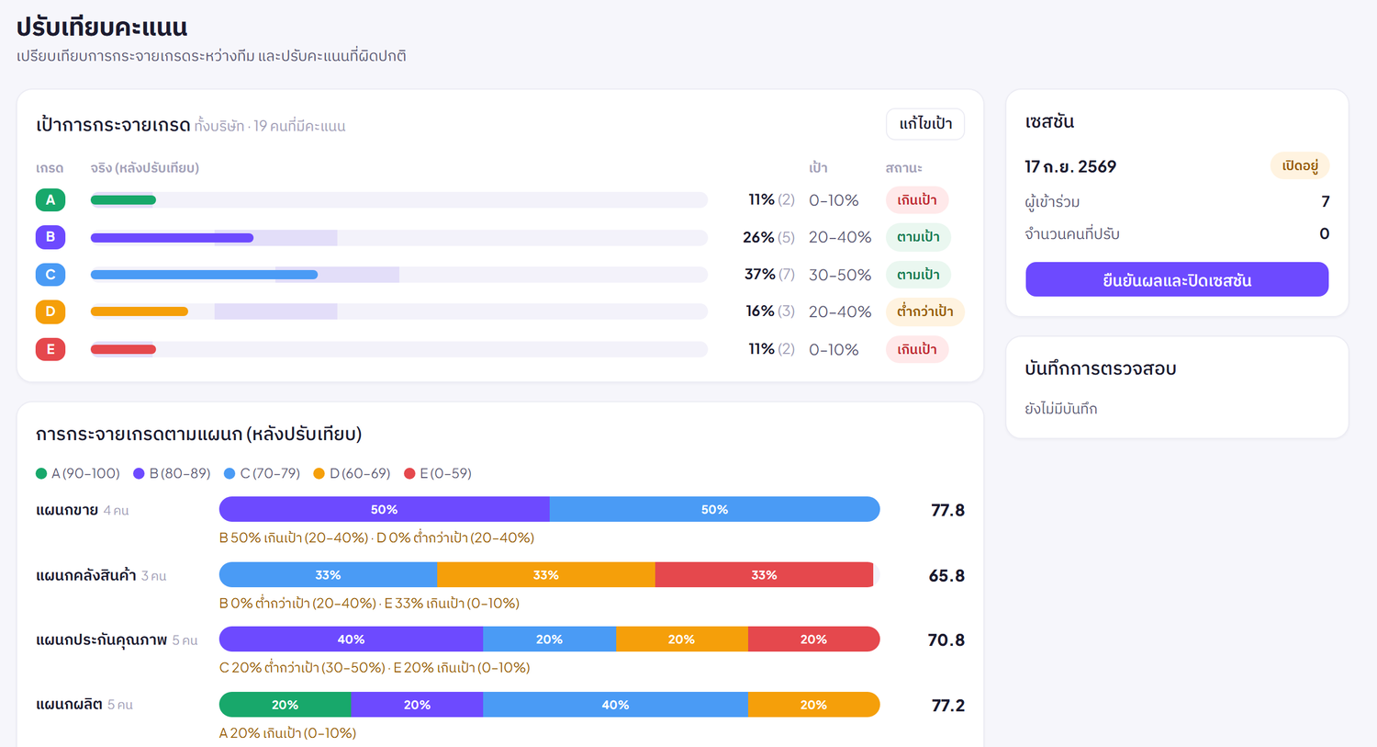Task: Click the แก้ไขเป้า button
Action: tap(924, 124)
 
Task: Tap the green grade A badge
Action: tap(50, 200)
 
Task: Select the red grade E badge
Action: tap(50, 349)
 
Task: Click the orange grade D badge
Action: tap(50, 312)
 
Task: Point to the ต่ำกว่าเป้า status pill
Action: tap(924, 312)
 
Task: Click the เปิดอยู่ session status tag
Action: tap(1300, 166)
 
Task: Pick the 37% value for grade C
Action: tap(760, 275)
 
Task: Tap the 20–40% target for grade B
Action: tap(840, 237)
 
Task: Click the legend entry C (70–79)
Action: tap(263, 473)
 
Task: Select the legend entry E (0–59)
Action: tap(438, 473)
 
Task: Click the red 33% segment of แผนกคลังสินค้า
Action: tap(764, 574)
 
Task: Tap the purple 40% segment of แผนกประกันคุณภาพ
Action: tap(351, 639)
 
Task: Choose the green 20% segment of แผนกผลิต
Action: tap(285, 705)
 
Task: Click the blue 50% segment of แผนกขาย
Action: tap(714, 510)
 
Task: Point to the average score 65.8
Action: tap(946, 576)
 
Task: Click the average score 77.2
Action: tap(948, 705)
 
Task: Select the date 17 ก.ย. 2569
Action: tap(1070, 166)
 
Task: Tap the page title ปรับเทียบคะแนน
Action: tap(102, 28)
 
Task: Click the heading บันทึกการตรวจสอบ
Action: tap(1101, 368)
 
